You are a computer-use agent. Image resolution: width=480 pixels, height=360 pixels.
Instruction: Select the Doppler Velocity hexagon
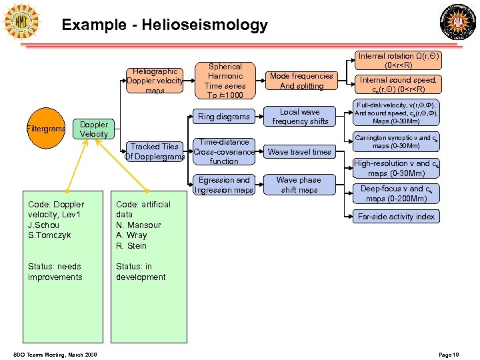tap(93, 129)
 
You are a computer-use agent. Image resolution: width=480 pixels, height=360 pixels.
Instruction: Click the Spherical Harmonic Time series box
tap(225, 81)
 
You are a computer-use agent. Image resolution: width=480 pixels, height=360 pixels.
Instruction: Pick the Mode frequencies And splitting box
tap(301, 81)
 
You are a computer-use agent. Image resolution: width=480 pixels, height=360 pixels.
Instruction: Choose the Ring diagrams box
tap(224, 117)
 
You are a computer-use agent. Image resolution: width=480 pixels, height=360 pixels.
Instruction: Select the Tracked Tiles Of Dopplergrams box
tap(155, 151)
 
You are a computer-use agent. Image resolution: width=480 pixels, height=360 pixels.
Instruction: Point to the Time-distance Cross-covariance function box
tap(224, 151)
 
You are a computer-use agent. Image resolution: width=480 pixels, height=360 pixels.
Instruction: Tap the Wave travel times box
tap(299, 151)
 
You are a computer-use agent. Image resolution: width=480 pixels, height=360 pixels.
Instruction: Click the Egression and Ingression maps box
tap(224, 185)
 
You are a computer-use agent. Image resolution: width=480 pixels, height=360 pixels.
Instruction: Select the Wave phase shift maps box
tap(299, 185)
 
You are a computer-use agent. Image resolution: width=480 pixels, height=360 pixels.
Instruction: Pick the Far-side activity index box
tap(396, 216)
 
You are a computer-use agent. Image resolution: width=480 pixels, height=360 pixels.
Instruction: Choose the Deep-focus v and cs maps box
tap(396, 194)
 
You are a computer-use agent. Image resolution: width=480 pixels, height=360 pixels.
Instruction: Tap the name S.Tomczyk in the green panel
tap(49, 235)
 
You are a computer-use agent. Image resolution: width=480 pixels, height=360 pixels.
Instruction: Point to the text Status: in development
tap(141, 272)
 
